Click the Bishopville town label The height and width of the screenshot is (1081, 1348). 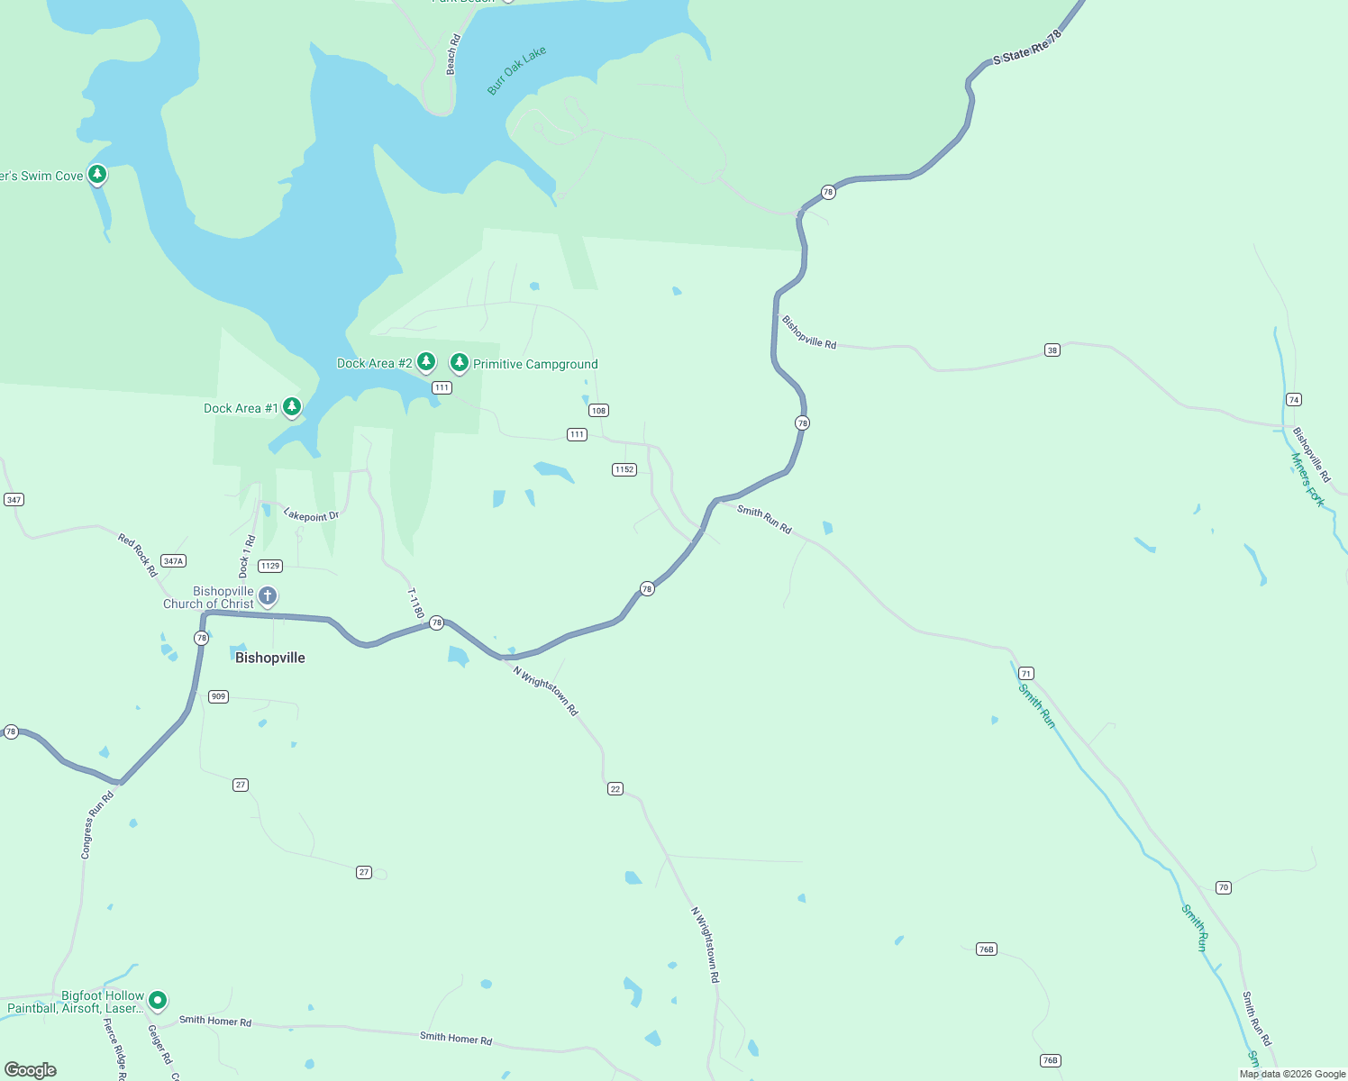(x=269, y=658)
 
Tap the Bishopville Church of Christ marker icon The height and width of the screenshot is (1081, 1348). (x=268, y=595)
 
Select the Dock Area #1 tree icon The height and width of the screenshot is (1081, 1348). (x=291, y=407)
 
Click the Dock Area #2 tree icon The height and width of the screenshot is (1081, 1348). (x=426, y=362)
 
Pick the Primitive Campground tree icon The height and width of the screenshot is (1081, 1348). (x=460, y=362)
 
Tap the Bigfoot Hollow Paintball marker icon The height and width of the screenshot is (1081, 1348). (x=158, y=1000)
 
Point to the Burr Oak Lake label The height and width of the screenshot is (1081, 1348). (x=516, y=71)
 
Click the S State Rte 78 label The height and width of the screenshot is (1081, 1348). (x=1027, y=47)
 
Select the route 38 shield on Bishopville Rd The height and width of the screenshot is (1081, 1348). (x=1052, y=350)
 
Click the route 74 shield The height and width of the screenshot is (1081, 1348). (x=1294, y=399)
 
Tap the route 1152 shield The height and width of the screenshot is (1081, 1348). (x=624, y=469)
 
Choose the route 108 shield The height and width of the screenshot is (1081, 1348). (x=598, y=410)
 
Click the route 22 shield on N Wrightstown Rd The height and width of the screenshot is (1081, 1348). (x=615, y=788)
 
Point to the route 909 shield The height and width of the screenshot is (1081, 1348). (x=218, y=696)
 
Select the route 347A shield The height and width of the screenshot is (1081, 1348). (x=174, y=560)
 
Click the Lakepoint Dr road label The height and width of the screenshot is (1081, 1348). (x=311, y=515)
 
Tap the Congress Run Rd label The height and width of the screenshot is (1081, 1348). (x=97, y=825)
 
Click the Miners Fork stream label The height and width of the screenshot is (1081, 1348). (x=1307, y=480)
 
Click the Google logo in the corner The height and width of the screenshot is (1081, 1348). (x=31, y=1069)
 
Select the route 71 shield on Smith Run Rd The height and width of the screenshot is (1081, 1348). (x=1026, y=673)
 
